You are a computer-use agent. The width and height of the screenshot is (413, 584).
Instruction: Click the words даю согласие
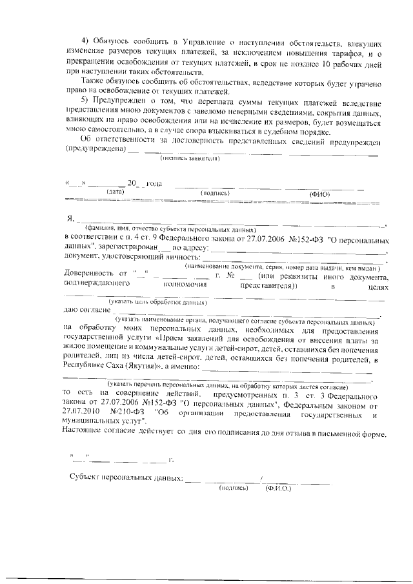[86, 310]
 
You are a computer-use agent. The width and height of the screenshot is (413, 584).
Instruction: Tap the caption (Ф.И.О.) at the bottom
[279, 488]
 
